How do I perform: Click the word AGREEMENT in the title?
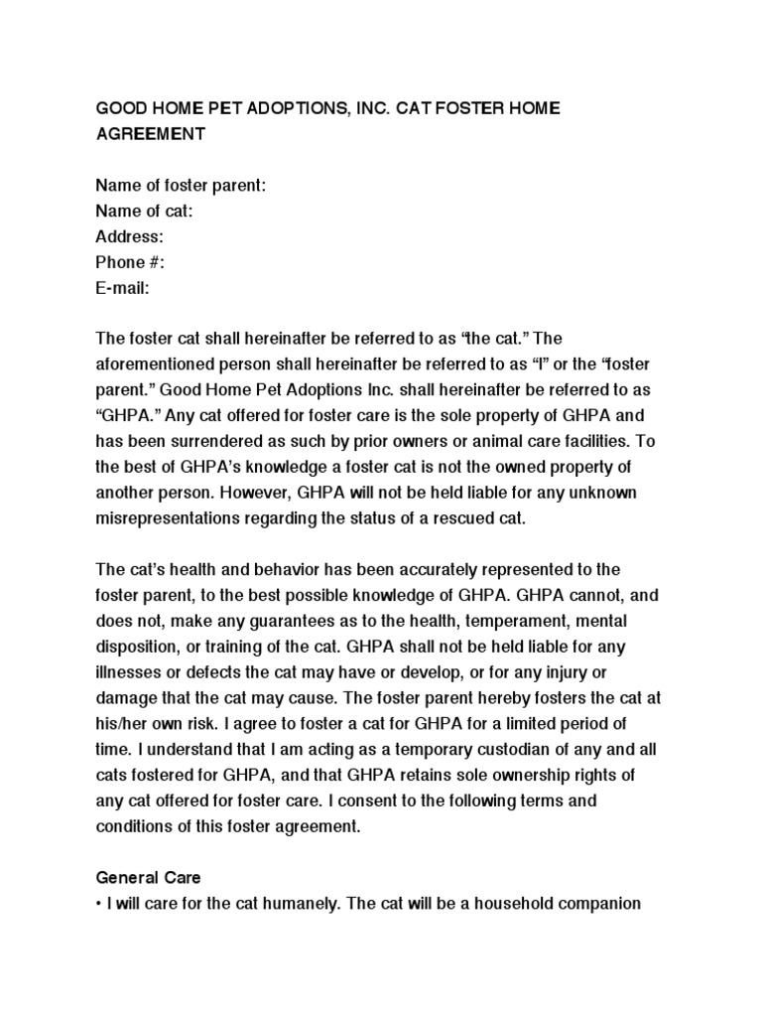pyautogui.click(x=150, y=133)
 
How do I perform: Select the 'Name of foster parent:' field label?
pyautogui.click(x=181, y=185)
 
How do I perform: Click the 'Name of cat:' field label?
pyautogui.click(x=144, y=211)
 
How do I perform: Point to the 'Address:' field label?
pyautogui.click(x=129, y=236)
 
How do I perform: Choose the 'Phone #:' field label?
pyautogui.click(x=130, y=262)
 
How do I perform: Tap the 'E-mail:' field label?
pyautogui.click(x=123, y=288)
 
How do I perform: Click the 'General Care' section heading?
pyautogui.click(x=148, y=878)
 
